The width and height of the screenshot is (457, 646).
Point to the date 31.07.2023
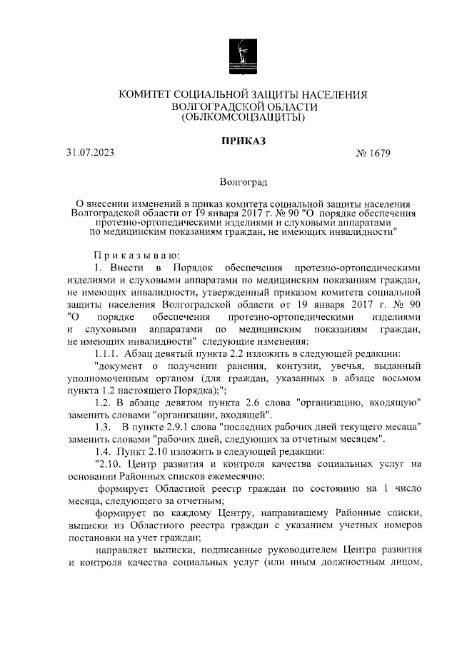(x=89, y=152)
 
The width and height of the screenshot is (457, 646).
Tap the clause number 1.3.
(x=104, y=427)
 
